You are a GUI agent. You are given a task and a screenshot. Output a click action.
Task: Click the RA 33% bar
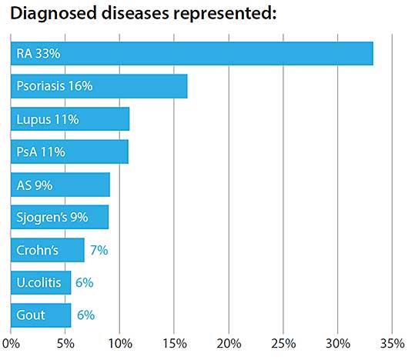click(x=192, y=53)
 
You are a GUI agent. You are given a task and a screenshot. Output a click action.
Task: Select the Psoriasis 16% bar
click(x=99, y=86)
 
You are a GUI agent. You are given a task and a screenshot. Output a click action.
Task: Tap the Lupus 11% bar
click(x=70, y=118)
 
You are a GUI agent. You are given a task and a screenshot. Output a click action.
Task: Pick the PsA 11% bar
click(x=70, y=152)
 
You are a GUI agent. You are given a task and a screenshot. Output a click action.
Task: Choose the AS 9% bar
click(x=60, y=185)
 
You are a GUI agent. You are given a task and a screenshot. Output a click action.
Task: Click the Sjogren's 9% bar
click(x=60, y=217)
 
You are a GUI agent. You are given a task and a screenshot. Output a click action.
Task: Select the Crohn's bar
click(x=48, y=250)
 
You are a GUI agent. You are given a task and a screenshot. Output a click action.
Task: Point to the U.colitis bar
click(x=41, y=282)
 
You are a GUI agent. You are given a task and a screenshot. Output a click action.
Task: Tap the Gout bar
click(x=41, y=315)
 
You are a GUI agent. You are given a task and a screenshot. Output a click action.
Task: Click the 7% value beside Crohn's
click(x=99, y=250)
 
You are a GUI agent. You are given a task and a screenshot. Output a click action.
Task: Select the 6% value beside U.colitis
click(x=85, y=283)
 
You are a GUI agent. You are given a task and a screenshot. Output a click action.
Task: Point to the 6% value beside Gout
click(x=86, y=315)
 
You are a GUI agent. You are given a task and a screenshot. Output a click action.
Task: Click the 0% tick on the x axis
click(x=11, y=344)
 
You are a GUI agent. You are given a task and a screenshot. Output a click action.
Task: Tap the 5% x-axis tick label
click(x=65, y=344)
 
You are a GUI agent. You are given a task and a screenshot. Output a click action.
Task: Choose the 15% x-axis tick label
click(x=175, y=344)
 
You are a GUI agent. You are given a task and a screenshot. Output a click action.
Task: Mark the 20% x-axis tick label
click(x=229, y=344)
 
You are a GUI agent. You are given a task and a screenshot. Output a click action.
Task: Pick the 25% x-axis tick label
click(x=283, y=344)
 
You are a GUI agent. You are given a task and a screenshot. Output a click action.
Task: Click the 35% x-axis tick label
click(x=393, y=344)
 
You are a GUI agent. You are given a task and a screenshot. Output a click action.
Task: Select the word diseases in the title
click(x=135, y=13)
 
